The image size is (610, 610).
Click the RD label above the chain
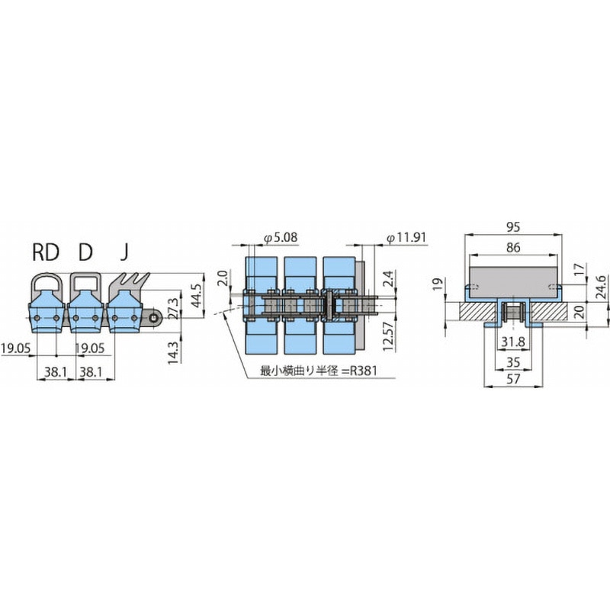coord(46,252)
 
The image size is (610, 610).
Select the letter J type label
coord(124,252)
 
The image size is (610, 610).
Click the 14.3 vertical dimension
coord(173,352)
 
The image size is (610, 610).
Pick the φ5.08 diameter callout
coord(281,237)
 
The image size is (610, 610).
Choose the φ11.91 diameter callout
coord(406,237)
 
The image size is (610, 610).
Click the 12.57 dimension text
coord(388,336)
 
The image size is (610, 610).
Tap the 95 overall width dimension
coord(513,226)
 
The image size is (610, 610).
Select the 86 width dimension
coord(513,247)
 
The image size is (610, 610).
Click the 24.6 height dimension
coord(601,287)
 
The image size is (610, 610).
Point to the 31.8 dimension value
coord(513,342)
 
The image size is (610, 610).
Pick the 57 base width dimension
coord(513,378)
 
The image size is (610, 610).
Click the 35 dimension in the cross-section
coord(513,362)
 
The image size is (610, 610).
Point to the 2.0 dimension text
coord(223,278)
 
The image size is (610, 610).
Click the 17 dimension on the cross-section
coord(579,269)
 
